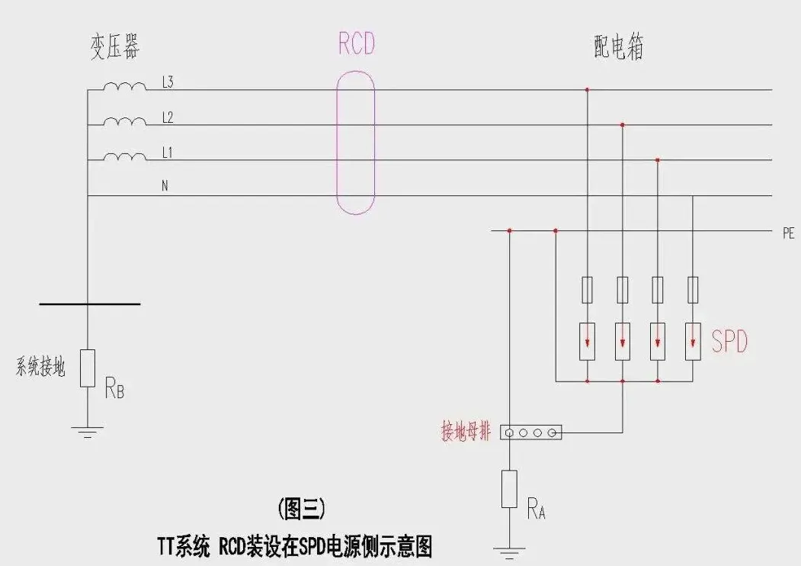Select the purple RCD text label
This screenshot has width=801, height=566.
pos(357,43)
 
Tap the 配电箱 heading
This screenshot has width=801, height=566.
pos(618,48)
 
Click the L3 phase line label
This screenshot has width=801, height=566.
pos(168,82)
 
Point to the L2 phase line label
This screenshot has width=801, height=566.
pos(168,117)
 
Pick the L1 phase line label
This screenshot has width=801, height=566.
pos(168,153)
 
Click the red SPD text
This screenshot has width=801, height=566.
pos(729,342)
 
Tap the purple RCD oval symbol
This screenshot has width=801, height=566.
pos(356,142)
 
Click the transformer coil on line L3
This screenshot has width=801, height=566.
pos(124,86)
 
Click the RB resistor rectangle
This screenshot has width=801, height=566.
pos(88,368)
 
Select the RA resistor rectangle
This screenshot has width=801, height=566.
pos(510,489)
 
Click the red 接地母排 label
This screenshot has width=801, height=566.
pos(466,432)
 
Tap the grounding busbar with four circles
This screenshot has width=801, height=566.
pos(531,433)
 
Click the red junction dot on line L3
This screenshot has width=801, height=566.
pos(587,90)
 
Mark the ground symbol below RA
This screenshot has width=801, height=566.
pos(510,548)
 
